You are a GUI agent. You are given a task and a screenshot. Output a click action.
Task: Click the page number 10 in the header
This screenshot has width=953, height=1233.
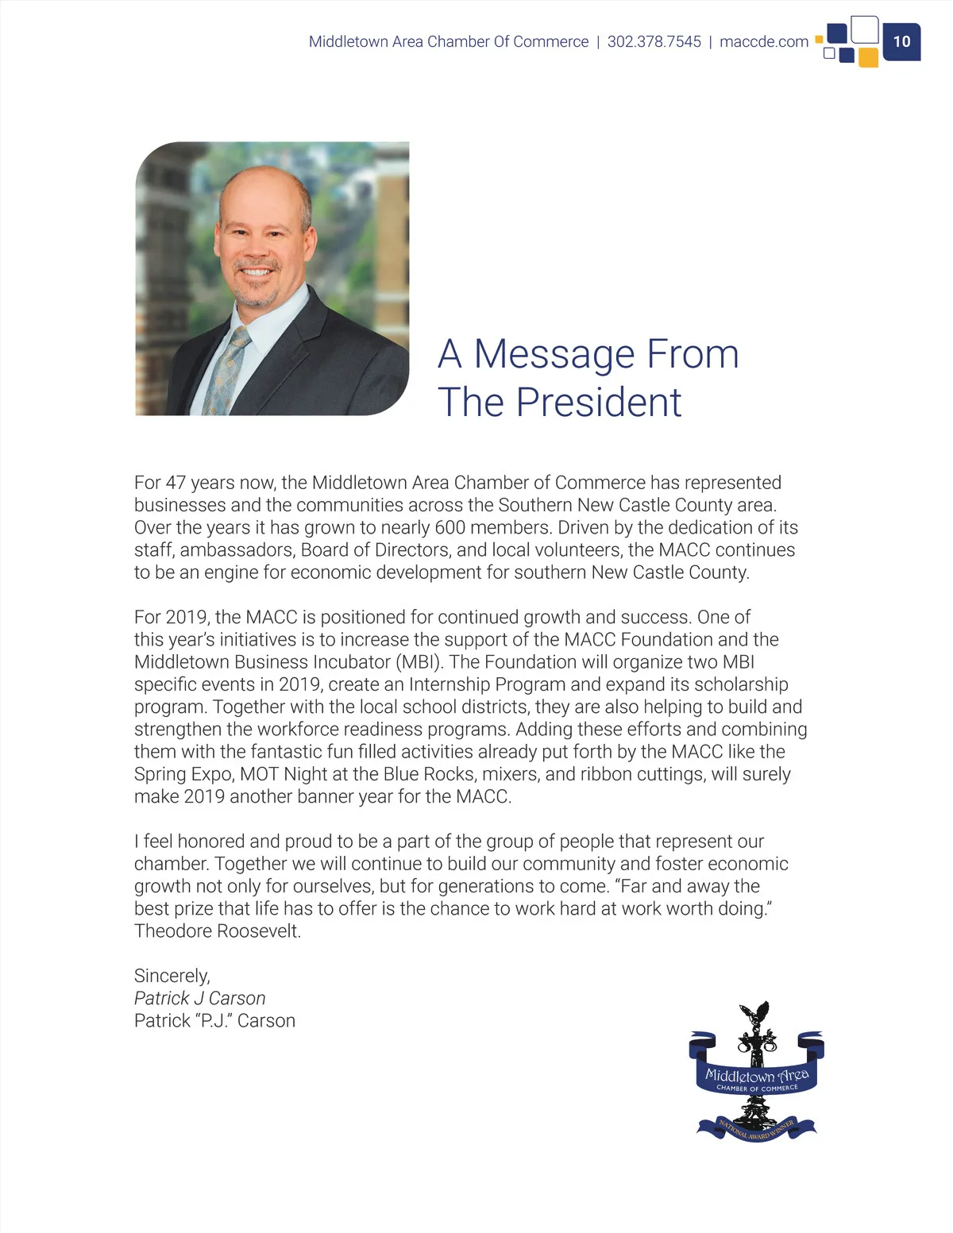pos(901,41)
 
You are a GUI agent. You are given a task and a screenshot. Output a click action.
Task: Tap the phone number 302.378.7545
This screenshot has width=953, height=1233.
pos(654,41)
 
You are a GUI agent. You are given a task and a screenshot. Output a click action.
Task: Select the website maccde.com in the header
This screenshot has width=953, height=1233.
pos(763,41)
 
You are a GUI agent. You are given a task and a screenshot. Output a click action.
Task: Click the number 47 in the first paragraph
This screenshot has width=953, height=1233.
pos(176,483)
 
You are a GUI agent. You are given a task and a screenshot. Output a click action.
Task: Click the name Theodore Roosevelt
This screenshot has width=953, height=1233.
pos(217,931)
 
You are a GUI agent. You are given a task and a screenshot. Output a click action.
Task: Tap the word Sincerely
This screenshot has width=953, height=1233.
pos(172,976)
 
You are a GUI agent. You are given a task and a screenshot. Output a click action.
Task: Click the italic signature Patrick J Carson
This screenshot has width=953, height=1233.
pos(199,998)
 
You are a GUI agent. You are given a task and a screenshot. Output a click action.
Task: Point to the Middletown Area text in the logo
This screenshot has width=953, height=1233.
pos(757,1076)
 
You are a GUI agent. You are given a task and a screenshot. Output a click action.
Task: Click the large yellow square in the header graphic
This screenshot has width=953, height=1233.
pos(868,57)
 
